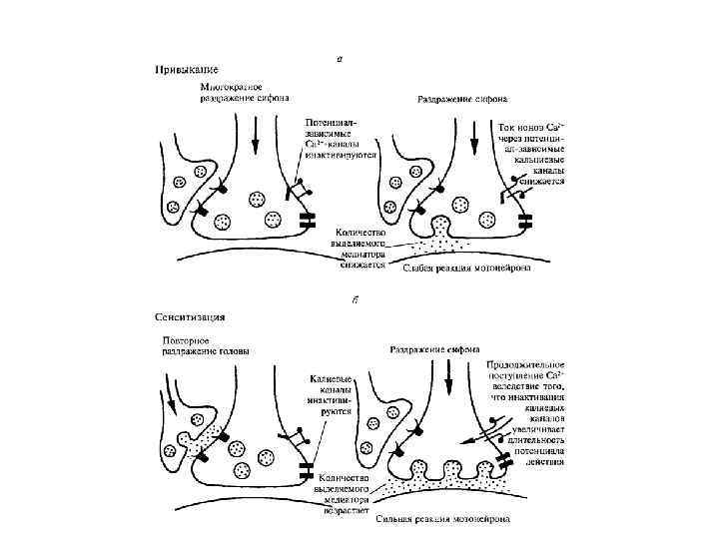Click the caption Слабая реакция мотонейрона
point(465,267)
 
